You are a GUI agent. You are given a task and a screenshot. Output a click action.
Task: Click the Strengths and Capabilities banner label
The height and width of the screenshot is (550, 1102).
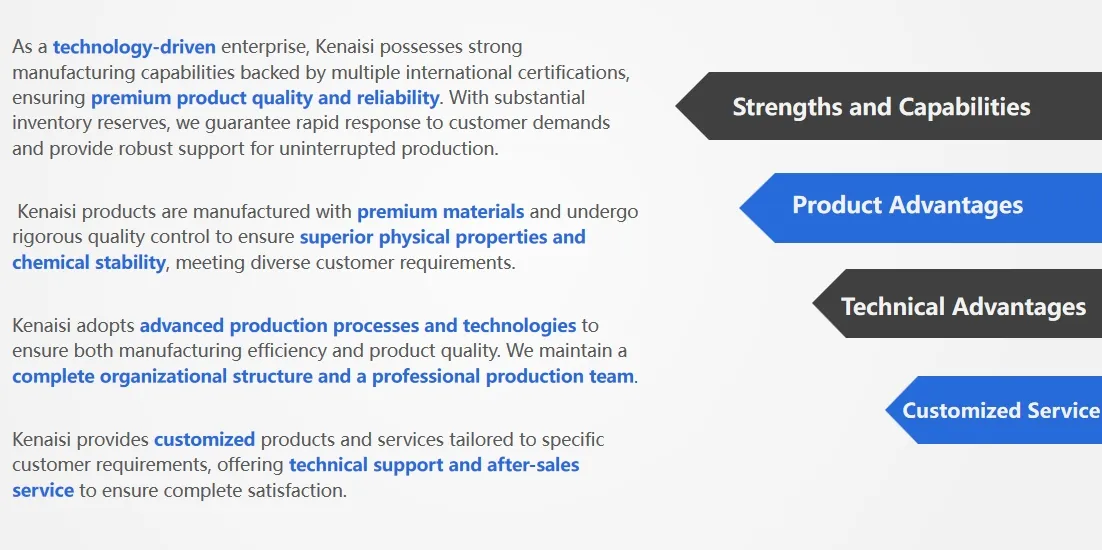pyautogui.click(x=881, y=107)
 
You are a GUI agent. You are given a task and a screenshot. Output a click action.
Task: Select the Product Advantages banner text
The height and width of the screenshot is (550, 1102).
pyautogui.click(x=907, y=205)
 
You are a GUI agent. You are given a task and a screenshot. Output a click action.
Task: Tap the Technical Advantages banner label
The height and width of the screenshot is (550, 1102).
pyautogui.click(x=964, y=306)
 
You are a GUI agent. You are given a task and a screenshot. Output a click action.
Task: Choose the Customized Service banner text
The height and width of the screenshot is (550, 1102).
pyautogui.click(x=1001, y=410)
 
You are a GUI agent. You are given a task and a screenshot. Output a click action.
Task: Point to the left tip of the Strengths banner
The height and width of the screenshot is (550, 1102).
pyautogui.click(x=676, y=106)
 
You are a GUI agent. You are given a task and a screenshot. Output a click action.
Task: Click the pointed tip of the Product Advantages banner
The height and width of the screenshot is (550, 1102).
pyautogui.click(x=740, y=208)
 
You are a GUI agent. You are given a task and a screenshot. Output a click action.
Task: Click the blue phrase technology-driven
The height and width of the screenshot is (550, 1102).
pyautogui.click(x=134, y=47)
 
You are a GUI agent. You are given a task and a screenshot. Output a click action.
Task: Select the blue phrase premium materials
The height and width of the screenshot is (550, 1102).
pyautogui.click(x=441, y=211)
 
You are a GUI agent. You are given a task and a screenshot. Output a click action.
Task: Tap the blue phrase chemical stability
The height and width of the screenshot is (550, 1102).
pyautogui.click(x=89, y=263)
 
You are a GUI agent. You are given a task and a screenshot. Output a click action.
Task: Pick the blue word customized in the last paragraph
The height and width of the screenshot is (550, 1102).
pyautogui.click(x=205, y=440)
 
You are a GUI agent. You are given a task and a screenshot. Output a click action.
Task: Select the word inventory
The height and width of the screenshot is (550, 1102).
pyautogui.click(x=48, y=124)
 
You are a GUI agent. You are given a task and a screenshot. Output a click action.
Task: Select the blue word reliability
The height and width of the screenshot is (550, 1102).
pyautogui.click(x=397, y=98)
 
